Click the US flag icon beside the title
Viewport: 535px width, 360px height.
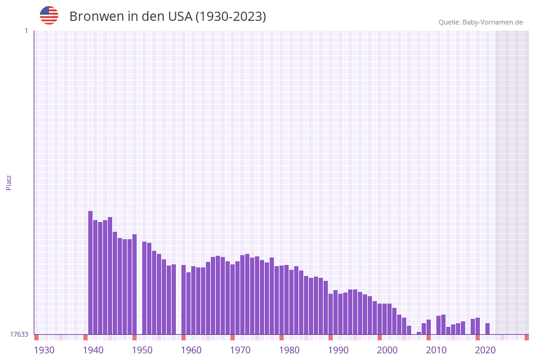tap(49, 15)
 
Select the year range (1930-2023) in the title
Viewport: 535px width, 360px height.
tap(230, 17)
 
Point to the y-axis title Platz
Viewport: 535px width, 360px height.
tap(9, 182)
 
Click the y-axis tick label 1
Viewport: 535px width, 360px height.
tap(26, 31)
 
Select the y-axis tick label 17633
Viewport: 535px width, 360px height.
tap(19, 334)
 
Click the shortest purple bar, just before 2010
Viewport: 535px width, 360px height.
tap(419, 333)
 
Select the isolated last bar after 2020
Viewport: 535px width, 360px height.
tap(487, 329)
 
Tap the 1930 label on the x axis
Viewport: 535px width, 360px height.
tap(44, 350)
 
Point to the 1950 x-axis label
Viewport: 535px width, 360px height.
tap(142, 350)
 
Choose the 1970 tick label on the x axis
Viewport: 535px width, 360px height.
tap(240, 350)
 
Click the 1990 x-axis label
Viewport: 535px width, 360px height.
tap(338, 350)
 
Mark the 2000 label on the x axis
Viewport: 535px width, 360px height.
tap(387, 350)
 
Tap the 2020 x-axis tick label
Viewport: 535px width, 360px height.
tap(485, 350)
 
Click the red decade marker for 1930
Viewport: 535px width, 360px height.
tap(36, 337)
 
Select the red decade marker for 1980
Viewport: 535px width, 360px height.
tap(281, 337)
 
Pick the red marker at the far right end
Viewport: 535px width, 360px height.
tap(526, 337)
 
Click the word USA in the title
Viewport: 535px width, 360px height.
tap(176, 17)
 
